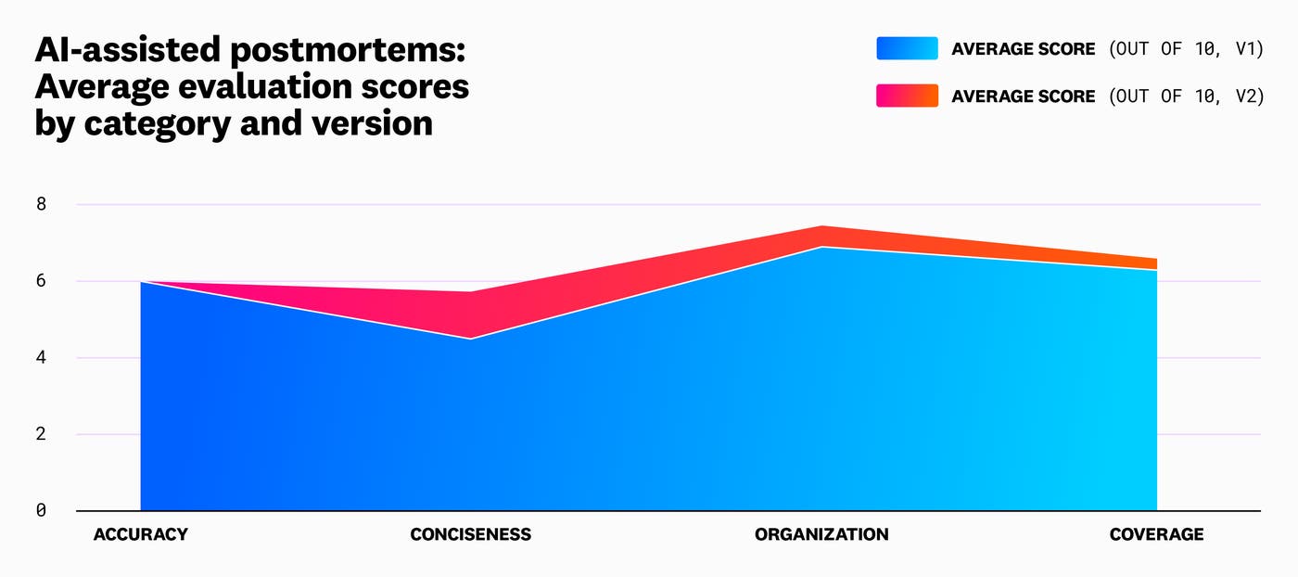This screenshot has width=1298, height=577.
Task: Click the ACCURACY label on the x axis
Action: (x=140, y=534)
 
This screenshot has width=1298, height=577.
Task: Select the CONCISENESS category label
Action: (x=470, y=534)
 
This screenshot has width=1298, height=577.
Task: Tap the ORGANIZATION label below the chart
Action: (x=821, y=534)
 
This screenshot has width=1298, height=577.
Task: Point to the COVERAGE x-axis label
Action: (x=1156, y=534)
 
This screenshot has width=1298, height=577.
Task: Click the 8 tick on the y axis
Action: (x=41, y=204)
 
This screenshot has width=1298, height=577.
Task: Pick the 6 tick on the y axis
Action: (x=41, y=281)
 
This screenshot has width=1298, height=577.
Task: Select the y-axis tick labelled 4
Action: (x=41, y=357)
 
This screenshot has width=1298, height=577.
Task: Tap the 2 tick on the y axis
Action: (x=41, y=434)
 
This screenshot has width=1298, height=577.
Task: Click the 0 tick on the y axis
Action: (x=41, y=510)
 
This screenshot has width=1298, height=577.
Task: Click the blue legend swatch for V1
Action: (x=907, y=48)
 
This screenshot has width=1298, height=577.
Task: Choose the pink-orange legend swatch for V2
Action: (x=907, y=96)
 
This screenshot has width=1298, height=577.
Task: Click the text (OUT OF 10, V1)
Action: (x=1186, y=48)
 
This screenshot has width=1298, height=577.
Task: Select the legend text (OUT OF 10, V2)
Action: (x=1186, y=96)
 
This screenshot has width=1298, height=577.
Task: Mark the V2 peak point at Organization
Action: (x=821, y=226)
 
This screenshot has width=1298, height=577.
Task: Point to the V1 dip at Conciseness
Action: (x=471, y=339)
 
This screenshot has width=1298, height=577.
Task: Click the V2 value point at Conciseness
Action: (x=471, y=292)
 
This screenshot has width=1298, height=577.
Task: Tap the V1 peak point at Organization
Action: (x=821, y=247)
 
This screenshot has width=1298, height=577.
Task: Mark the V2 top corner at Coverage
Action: (x=1156, y=259)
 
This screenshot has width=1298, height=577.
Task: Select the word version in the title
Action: (x=371, y=122)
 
